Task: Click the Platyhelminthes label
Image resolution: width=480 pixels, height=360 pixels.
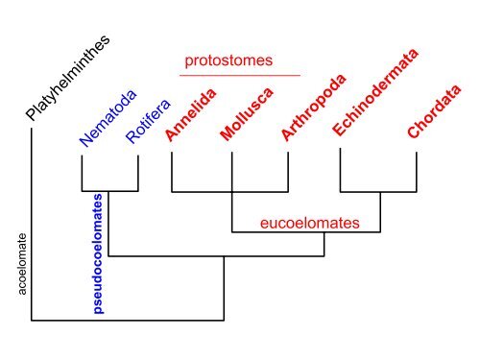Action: [68, 81]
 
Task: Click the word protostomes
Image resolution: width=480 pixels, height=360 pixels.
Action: [228, 61]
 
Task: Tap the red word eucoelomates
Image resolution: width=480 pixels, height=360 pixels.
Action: [310, 224]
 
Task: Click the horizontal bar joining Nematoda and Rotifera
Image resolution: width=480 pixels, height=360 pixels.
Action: [110, 191]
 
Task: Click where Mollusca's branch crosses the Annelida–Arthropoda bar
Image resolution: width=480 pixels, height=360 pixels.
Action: [231, 191]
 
